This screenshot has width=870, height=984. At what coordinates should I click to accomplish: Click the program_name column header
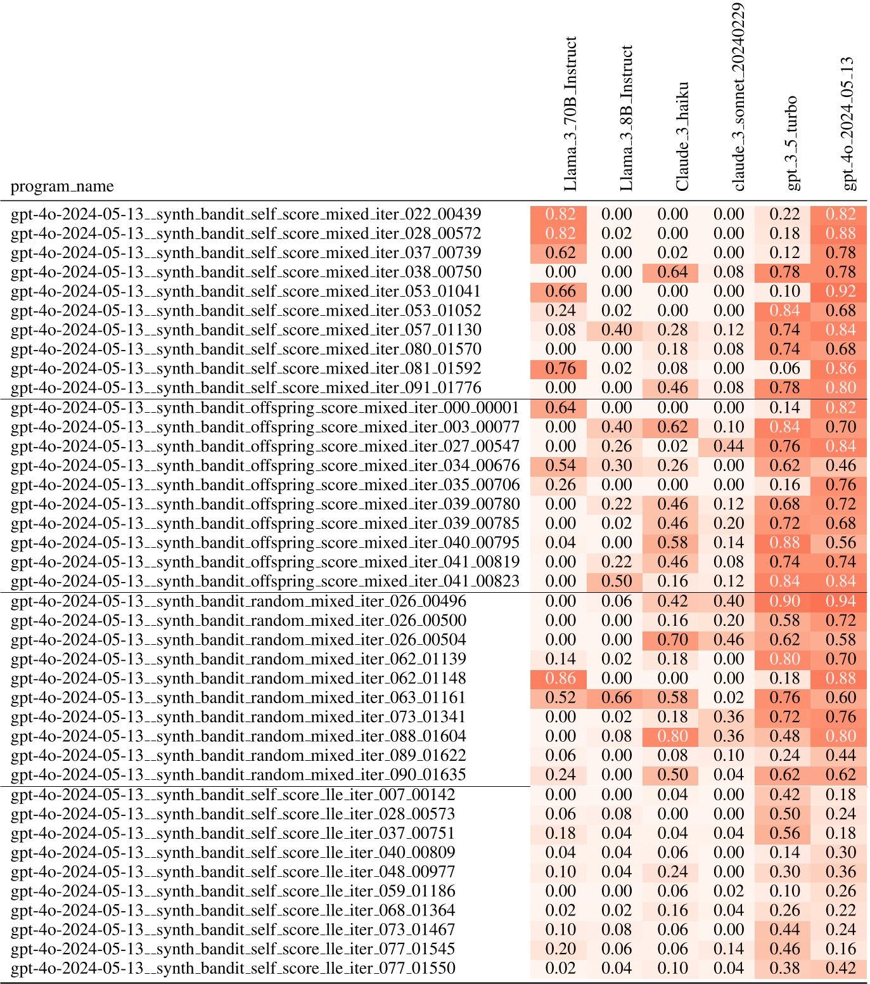pos(62,186)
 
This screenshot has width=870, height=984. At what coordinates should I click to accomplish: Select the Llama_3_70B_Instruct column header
pos(570,114)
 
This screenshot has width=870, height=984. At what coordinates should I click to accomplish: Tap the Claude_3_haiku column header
pos(682,136)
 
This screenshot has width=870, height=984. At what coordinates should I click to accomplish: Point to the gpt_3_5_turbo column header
pos(791,143)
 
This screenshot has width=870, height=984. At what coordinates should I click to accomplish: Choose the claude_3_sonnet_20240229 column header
pos(738,96)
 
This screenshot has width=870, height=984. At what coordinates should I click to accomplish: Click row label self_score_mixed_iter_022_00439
pos(246,214)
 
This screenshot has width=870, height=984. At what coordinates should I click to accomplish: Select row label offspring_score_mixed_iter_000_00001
pos(265,408)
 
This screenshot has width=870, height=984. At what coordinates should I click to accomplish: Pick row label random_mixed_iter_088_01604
pos(238,736)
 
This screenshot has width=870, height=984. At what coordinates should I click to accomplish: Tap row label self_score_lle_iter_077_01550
pos(233,968)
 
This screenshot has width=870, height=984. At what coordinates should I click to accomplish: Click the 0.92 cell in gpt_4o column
pos(840,292)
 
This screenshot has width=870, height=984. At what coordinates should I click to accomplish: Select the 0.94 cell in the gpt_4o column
pos(840,601)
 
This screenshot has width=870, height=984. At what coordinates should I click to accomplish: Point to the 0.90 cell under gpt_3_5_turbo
pos(784,601)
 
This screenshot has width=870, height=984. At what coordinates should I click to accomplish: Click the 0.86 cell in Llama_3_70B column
pos(560,678)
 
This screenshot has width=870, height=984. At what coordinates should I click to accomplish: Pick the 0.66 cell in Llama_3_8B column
pos(617,697)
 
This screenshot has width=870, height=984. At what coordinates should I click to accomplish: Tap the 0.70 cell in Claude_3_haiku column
pos(672,640)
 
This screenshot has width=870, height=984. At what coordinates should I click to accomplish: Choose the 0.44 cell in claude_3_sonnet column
pos(729,446)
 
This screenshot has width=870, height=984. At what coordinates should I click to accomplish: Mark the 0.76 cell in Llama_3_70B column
pos(560,368)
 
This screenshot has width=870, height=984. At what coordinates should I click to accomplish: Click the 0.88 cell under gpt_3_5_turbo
pos(784,543)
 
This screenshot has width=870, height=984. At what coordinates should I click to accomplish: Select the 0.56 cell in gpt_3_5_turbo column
pos(784,833)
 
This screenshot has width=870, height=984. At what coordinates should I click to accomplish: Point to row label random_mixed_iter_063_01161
pos(238,697)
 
